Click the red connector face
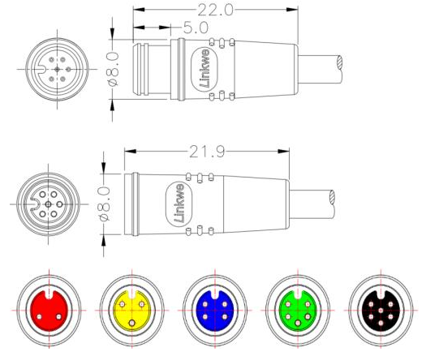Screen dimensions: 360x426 [51, 310]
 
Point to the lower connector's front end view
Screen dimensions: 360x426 [49, 201]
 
